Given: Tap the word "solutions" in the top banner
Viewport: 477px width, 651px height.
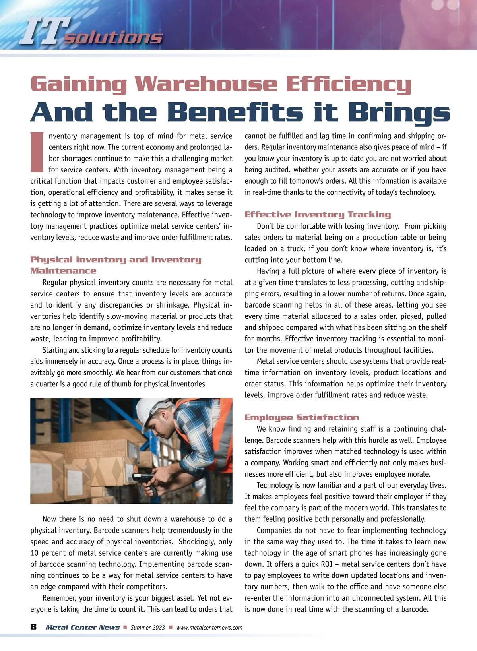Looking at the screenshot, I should tap(113, 37).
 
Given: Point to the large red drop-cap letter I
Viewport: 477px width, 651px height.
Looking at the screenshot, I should tap(37, 152).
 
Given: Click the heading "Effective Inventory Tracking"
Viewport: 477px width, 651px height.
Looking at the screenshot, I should tap(318, 215).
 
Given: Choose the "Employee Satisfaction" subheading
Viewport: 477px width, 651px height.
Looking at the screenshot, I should tap(302, 417).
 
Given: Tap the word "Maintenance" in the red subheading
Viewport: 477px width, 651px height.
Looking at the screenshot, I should tap(63, 271).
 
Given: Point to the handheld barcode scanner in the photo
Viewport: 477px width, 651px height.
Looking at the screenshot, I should tap(142, 476).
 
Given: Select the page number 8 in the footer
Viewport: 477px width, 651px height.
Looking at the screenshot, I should tap(33, 627).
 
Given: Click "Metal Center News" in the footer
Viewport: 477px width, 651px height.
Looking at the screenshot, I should tap(82, 628).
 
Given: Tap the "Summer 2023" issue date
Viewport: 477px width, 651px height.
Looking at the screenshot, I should tap(147, 628).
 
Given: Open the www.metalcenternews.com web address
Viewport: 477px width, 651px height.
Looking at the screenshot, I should tap(209, 628).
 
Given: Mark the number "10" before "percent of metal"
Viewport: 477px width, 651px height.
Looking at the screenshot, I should tap(35, 553).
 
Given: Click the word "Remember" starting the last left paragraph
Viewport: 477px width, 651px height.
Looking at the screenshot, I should tap(59, 598).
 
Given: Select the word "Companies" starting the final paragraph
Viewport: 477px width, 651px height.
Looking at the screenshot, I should tap(273, 531).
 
